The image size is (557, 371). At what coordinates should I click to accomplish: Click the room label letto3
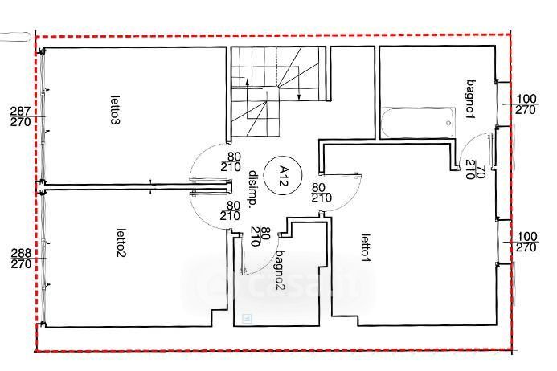pos(115,110)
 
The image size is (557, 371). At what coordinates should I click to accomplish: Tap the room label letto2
pos(121,243)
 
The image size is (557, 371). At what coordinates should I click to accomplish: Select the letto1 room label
pos(366,248)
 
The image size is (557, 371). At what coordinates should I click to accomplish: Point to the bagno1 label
pos(471,100)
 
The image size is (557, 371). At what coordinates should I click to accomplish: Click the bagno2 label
pos(281,270)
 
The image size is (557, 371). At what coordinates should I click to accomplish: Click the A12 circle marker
pos(283,175)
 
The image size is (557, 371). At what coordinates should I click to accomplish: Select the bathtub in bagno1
pos(418,123)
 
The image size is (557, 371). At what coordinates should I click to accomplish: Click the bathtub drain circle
pos(448,123)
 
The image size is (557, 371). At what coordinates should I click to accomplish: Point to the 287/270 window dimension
pos(21,116)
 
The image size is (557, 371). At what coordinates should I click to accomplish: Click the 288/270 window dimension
pos(22,259)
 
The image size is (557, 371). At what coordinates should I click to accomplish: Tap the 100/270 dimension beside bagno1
pos(526,104)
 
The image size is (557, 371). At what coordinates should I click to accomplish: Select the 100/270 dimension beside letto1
pos(527,242)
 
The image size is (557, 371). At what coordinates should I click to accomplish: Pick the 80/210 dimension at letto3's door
pos(231,162)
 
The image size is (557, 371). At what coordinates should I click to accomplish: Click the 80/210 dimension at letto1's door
pos(322,193)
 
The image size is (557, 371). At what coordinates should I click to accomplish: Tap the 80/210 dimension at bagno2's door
pos(260,236)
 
